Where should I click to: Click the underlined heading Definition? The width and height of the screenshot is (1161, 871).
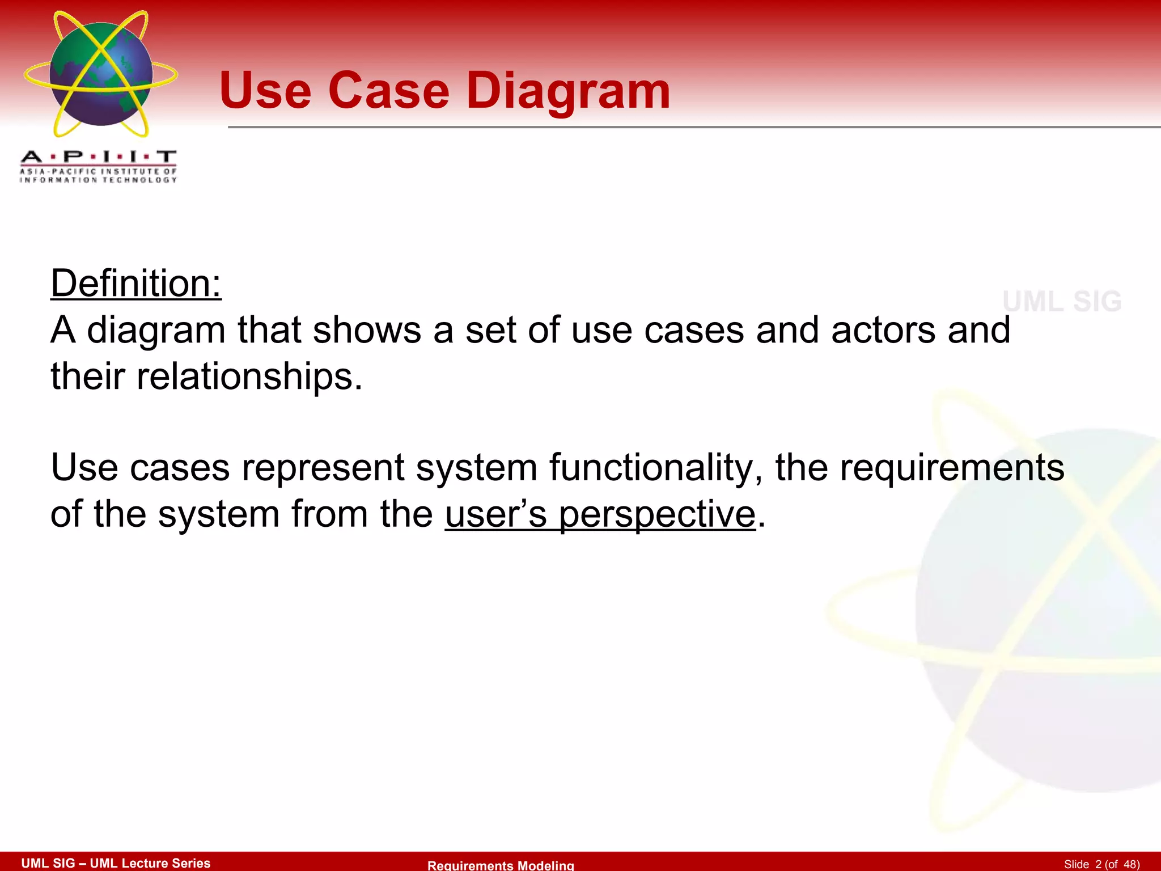136,283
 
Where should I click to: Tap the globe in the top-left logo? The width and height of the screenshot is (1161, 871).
101,74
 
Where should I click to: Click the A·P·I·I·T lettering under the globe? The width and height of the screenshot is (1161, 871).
99,157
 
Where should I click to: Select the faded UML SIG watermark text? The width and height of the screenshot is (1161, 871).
1062,301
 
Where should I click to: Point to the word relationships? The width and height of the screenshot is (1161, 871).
249,376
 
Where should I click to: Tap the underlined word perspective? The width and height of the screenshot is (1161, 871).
658,514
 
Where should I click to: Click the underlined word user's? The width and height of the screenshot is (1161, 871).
496,514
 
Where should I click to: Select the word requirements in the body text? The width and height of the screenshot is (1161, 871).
952,468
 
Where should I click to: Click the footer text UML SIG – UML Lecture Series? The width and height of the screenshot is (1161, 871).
116,863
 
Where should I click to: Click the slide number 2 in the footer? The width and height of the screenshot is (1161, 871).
1099,864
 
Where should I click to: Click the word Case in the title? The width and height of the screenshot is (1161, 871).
389,91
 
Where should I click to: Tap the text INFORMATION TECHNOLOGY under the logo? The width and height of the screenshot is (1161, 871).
99,180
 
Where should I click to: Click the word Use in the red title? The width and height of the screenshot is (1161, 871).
265,91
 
